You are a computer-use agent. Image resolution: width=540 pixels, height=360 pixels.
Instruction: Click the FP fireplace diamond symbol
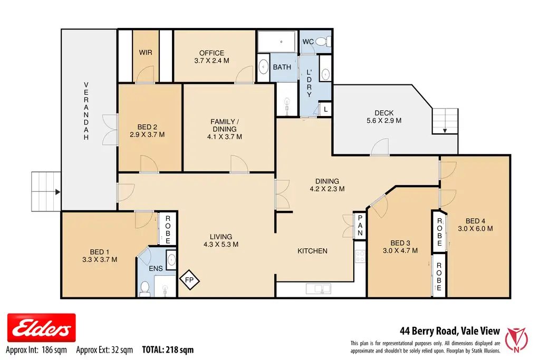pos(189,280)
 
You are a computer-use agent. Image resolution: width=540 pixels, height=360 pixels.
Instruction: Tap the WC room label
pos(308,42)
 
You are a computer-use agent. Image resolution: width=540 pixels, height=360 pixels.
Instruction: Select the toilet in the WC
pos(323,42)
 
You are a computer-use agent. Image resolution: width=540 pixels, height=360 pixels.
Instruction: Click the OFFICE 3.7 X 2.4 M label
pos(211,57)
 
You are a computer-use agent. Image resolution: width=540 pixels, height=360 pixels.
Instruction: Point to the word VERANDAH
pos(86,111)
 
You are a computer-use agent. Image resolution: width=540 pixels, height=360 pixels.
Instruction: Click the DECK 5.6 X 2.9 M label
pos(384,116)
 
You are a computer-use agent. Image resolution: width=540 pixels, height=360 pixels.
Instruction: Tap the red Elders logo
pos(41,328)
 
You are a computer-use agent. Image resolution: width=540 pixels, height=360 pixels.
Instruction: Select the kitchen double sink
pos(318,288)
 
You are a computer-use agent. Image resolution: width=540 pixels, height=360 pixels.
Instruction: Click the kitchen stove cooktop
pos(360,256)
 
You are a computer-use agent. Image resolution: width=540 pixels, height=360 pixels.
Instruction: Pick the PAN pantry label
pos(360,226)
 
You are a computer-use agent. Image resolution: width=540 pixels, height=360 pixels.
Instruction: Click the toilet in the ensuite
pos(145,289)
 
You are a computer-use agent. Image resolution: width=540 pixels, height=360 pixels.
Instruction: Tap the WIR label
pos(146,53)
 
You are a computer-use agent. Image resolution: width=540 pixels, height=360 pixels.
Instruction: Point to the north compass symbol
pos(516,339)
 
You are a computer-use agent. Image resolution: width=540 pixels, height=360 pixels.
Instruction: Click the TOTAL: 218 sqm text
pos(168,350)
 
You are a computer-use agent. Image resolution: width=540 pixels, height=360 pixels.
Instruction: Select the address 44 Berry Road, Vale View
pos(450,330)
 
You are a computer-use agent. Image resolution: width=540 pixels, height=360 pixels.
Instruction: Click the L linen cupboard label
pos(325,110)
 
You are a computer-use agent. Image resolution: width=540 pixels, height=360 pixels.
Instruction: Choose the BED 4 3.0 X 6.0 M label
pos(475,225)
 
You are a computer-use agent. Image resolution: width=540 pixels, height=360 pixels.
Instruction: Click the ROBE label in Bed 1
pos(168,230)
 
